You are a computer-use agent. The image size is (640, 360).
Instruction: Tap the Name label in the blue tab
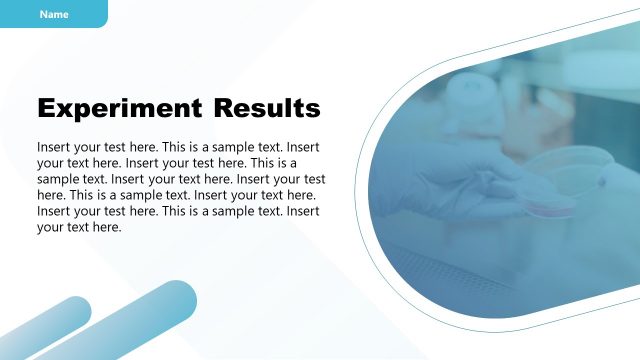click(54, 14)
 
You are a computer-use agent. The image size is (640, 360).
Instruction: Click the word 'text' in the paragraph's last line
click(82, 228)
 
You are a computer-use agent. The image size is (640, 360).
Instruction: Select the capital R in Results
click(221, 108)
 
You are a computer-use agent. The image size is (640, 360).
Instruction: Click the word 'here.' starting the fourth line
click(52, 195)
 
